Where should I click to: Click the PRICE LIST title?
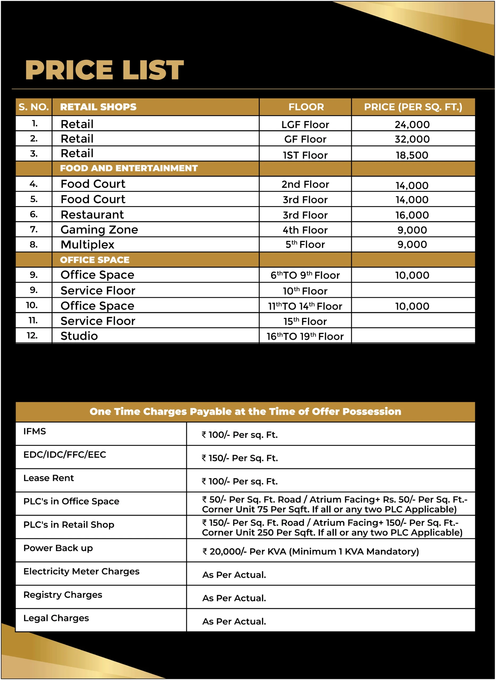[x=104, y=70]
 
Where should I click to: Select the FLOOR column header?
[x=306, y=107]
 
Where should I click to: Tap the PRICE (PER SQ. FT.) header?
[x=413, y=107]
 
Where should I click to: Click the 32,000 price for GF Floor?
[x=412, y=139]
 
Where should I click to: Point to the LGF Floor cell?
[x=305, y=125]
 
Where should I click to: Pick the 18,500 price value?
[x=412, y=155]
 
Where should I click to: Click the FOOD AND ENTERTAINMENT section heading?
[x=129, y=168]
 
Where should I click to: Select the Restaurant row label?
[x=92, y=215]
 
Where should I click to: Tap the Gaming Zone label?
[x=99, y=230]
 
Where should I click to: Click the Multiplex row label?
[x=87, y=245]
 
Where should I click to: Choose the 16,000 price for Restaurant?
[x=412, y=215]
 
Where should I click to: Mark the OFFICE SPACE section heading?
[x=95, y=260]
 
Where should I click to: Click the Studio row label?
[x=79, y=336]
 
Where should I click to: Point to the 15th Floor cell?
[x=305, y=321]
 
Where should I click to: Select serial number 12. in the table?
[x=32, y=335]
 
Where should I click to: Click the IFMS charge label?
[x=35, y=431]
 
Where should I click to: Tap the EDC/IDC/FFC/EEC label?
[x=65, y=455]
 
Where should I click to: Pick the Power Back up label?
[x=58, y=548]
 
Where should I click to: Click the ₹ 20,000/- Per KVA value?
[x=310, y=551]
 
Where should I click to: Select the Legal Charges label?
[x=56, y=618]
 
